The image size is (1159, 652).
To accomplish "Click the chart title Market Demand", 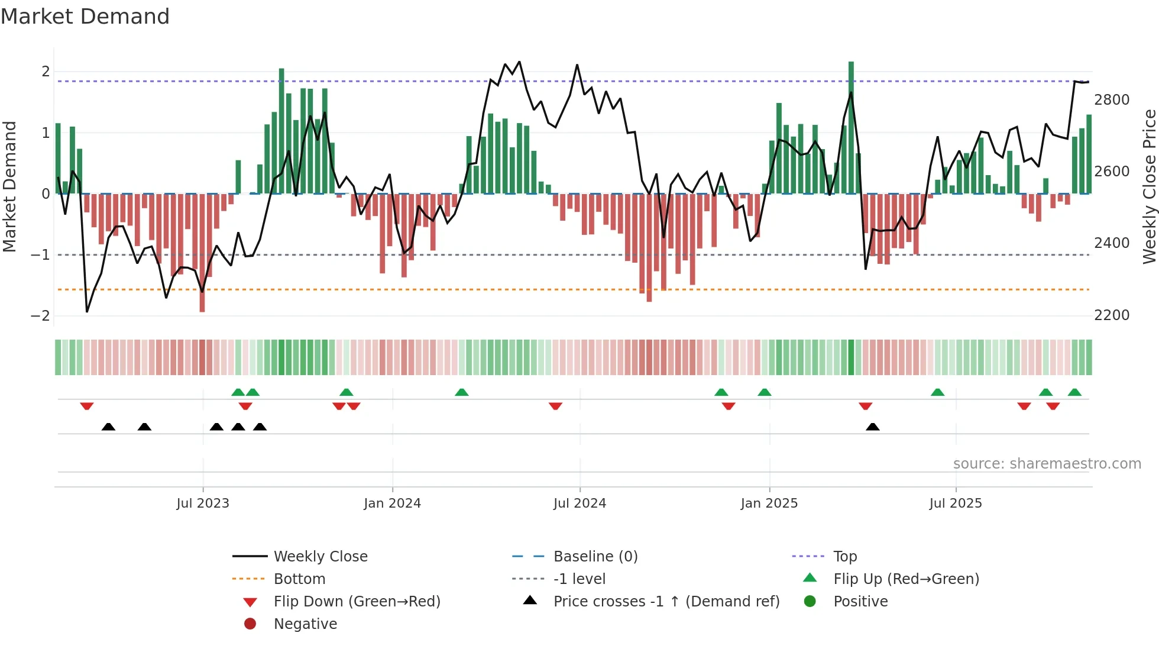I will point(85,17).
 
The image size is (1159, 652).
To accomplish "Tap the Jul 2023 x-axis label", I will point(203,503).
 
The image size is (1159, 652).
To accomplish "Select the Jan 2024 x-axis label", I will point(392,503).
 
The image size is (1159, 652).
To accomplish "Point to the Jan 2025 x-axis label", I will point(769,503).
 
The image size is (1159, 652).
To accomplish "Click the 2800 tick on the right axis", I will point(1112,100).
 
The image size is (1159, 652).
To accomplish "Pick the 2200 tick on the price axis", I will point(1112,315).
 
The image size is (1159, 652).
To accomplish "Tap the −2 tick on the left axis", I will point(41,316).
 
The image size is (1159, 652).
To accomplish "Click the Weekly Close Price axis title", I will point(1149,186).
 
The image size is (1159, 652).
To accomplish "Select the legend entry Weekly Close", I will point(320,557).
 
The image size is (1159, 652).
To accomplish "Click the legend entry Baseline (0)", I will point(595,557).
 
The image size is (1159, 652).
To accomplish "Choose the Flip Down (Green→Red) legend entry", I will point(357,602).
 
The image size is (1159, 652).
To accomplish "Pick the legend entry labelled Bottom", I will point(299,579).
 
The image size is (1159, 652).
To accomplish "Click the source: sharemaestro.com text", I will point(1047,464).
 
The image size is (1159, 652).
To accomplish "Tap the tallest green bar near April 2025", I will point(851,127).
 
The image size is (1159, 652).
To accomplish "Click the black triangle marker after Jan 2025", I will point(872,427).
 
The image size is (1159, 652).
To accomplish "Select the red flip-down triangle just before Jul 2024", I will point(555,406).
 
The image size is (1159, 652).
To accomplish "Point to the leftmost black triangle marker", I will point(108,427).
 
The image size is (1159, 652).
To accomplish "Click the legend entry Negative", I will point(305,624).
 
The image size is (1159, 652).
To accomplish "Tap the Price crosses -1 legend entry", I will point(666,602).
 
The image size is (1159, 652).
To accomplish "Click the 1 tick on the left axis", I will point(46,133).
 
